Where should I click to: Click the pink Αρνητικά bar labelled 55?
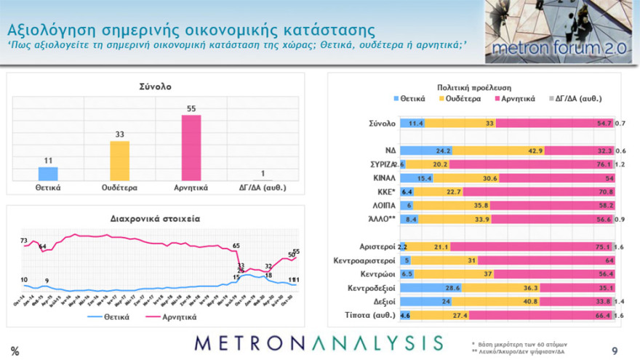point(191,148)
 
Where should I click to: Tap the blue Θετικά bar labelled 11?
point(48,174)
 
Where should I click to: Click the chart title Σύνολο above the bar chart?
point(155,87)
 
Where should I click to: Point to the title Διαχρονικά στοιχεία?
point(155,217)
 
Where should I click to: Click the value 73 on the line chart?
point(24,241)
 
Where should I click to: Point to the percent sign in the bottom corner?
point(15,351)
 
